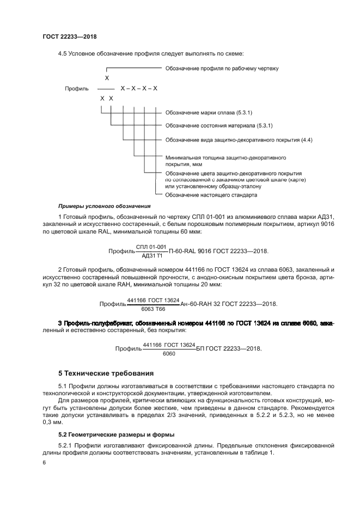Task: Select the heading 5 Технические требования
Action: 106,373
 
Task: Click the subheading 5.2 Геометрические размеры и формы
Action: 109,434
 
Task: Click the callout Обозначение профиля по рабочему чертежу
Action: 222,69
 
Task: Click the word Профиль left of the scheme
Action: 77,88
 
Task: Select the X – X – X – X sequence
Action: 139,88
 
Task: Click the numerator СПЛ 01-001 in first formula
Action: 151,247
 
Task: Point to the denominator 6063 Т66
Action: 153,308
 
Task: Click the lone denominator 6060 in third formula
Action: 169,353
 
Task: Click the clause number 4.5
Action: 62,53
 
